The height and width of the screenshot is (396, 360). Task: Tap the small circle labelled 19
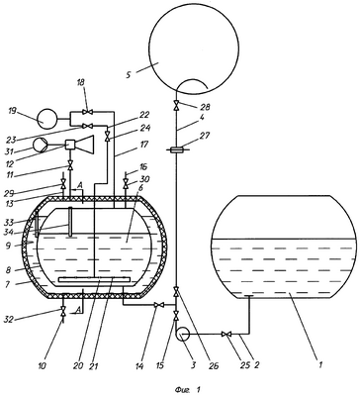(46, 120)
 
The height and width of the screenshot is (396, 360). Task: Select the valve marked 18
(87, 113)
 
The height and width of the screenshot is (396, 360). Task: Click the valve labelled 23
(87, 126)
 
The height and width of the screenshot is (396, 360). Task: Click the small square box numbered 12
(71, 145)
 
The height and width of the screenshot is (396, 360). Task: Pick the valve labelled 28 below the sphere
(177, 106)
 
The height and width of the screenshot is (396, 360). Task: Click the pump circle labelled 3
(182, 335)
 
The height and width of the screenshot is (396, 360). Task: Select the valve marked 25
(226, 335)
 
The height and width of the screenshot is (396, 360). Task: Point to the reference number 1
(319, 365)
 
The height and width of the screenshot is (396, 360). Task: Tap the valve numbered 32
(63, 311)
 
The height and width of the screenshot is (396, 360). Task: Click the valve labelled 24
(107, 136)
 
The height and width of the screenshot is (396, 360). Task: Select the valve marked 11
(70, 165)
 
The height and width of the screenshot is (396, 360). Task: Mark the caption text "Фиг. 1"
(188, 390)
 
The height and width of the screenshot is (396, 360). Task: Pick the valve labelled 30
(126, 184)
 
